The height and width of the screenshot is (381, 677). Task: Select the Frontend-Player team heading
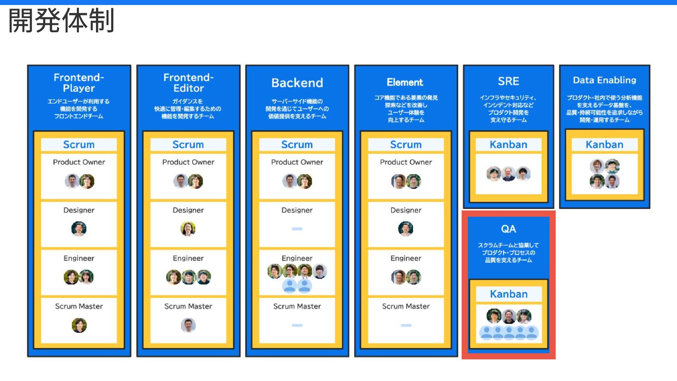(79, 83)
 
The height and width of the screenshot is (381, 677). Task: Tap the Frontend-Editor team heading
(188, 83)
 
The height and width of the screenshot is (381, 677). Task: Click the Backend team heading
(297, 83)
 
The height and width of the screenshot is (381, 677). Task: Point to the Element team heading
(405, 82)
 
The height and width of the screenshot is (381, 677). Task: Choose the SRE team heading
(508, 81)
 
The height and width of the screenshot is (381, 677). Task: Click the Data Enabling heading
(604, 80)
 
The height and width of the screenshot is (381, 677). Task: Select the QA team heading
(508, 229)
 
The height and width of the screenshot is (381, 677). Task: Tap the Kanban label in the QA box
(508, 294)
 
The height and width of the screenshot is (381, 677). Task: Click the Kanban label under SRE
(508, 144)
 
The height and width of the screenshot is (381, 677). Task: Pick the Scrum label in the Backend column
(297, 144)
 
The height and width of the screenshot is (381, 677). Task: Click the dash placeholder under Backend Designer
(297, 229)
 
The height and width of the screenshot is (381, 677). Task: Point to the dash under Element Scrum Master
(406, 325)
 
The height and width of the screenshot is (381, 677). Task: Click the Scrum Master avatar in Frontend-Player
(79, 325)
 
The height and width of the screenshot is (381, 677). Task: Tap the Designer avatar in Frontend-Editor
(188, 229)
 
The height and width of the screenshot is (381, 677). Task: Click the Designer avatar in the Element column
(405, 229)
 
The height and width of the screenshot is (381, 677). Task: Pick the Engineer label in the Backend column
(297, 258)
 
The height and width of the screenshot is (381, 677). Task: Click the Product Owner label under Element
(406, 162)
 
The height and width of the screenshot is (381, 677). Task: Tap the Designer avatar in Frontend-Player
(79, 229)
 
